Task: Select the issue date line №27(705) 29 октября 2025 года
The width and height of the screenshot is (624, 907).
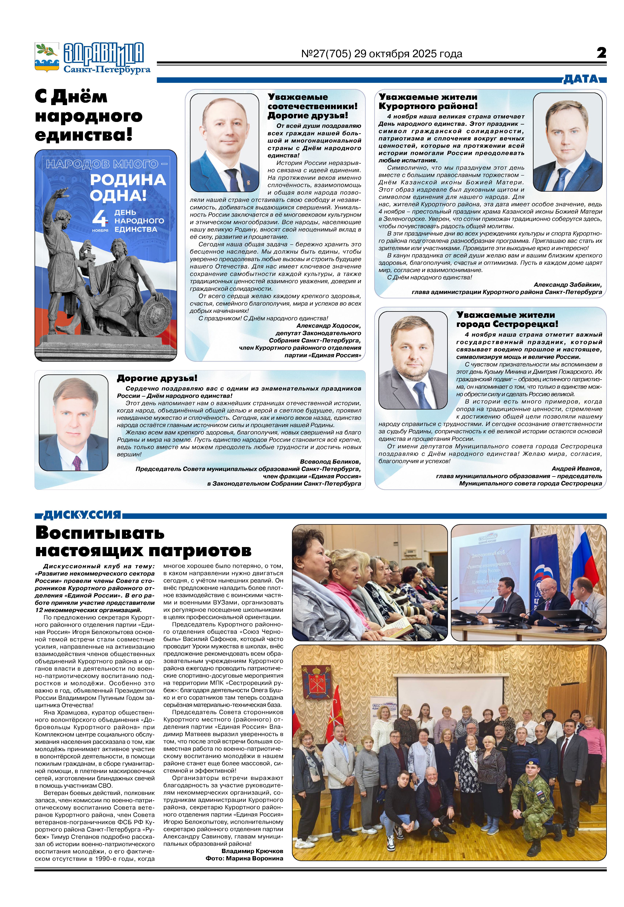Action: tap(382, 54)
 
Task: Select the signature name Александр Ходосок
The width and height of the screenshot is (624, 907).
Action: tap(328, 326)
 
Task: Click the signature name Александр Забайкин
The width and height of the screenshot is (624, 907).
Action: tap(568, 285)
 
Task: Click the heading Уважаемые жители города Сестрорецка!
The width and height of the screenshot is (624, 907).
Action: tap(507, 319)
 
